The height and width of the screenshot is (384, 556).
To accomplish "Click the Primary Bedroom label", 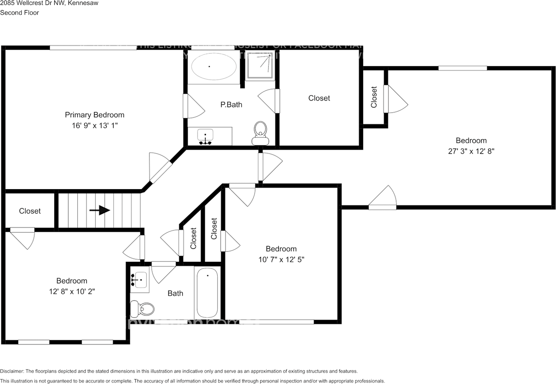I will click(x=94, y=115).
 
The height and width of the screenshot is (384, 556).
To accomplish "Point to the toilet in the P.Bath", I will click(x=260, y=132).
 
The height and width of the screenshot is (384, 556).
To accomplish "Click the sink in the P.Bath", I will click(x=205, y=136).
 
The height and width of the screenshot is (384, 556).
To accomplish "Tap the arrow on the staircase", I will click(x=99, y=210).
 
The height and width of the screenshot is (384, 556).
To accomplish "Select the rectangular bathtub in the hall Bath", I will click(x=207, y=293).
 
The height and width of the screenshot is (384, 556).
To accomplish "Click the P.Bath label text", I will click(x=231, y=104).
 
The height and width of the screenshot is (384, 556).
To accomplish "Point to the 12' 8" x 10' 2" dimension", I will click(x=72, y=292).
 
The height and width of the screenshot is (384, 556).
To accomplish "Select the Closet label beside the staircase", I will click(x=30, y=211).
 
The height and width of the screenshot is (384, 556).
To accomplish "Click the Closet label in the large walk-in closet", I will click(x=319, y=98).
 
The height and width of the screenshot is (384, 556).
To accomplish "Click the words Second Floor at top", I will click(x=20, y=13).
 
